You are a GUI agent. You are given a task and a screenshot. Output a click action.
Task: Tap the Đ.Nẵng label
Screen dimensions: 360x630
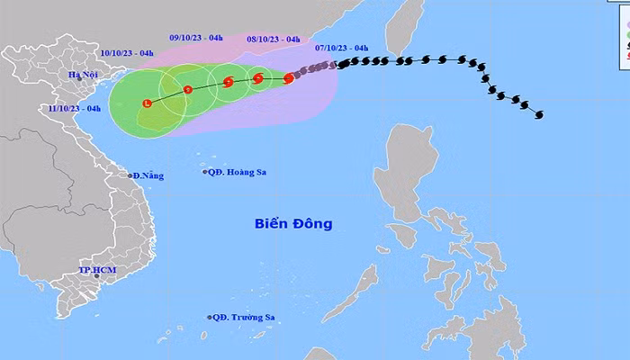[148, 176]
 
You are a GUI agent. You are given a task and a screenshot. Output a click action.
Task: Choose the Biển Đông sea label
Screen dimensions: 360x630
[292, 222]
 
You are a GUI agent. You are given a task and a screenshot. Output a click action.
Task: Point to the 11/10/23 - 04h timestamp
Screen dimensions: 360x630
[74, 108]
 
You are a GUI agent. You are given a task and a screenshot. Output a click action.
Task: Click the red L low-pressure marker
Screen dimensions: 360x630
[147, 104]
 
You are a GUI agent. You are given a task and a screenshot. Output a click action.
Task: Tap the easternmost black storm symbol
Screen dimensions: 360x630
[538, 114]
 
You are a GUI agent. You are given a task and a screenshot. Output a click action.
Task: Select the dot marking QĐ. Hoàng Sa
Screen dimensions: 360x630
[205, 172]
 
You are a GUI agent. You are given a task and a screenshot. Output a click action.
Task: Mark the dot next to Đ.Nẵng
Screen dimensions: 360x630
[130, 175]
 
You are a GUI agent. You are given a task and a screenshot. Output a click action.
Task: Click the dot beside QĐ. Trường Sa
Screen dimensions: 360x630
[209, 317]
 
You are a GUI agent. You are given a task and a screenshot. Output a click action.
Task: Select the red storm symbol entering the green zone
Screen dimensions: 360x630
[288, 78]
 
